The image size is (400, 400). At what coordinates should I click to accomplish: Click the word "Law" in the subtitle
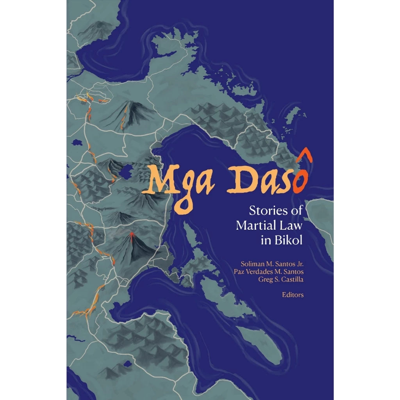click(293, 225)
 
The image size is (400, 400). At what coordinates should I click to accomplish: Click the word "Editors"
click(293, 295)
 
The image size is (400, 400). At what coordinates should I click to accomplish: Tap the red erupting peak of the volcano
click(132, 234)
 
